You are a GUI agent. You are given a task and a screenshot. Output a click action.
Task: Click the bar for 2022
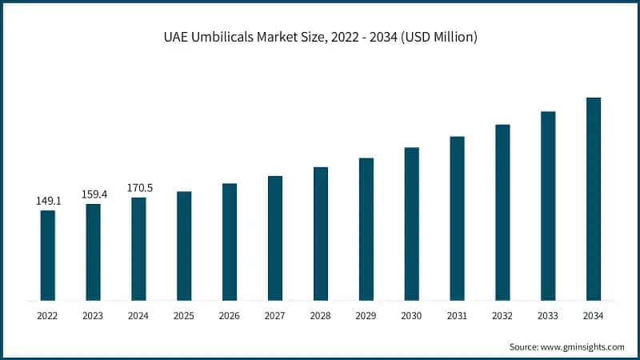click(48, 255)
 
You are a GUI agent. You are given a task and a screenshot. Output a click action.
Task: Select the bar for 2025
click(184, 246)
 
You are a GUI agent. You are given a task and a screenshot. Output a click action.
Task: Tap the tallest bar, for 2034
click(593, 199)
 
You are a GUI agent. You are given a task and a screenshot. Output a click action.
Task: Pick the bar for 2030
click(411, 224)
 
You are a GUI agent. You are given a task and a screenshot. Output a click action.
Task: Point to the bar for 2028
click(321, 234)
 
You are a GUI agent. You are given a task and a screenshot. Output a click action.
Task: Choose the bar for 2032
click(502, 212)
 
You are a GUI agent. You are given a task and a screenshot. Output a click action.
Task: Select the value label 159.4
click(94, 194)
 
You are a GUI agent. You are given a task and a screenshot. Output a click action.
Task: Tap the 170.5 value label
click(139, 188)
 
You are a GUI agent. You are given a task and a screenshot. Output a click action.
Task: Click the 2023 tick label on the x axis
click(94, 316)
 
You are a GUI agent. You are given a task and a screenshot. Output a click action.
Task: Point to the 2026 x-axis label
click(230, 316)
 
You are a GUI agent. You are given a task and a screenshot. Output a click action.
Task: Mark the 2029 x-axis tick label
click(366, 316)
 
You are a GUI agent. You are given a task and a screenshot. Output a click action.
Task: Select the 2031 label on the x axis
click(457, 316)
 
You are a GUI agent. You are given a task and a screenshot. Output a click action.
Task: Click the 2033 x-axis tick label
click(547, 316)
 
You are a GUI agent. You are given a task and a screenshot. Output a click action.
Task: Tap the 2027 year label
click(275, 316)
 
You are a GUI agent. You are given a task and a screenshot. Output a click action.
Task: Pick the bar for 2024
click(139, 249)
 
